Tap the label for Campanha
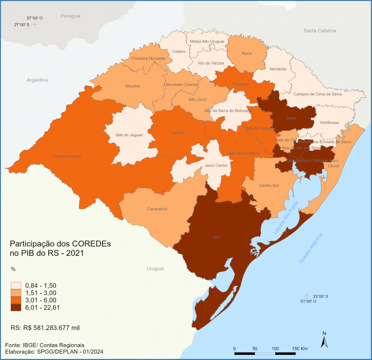157,209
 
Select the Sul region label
216,237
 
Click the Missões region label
133,86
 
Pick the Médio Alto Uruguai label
207,41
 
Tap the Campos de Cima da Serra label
318,94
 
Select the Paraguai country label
70,16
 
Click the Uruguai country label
156,269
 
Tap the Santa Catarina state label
319,31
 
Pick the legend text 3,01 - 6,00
45,300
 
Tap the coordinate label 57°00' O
34,18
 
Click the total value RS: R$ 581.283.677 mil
45,327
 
